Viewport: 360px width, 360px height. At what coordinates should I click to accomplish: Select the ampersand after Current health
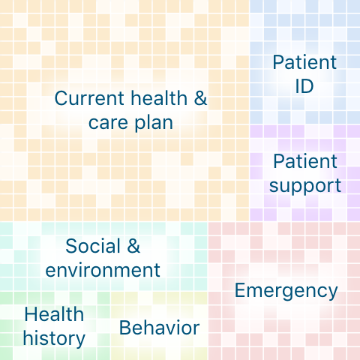pyautogui.click(x=200, y=98)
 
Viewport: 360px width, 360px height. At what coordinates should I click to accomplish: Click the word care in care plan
pyautogui.click(x=107, y=122)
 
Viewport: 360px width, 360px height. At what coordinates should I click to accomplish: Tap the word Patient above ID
pyautogui.click(x=304, y=62)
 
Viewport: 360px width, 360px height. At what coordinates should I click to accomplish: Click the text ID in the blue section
pyautogui.click(x=304, y=85)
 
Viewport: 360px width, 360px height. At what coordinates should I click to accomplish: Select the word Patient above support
pyautogui.click(x=304, y=161)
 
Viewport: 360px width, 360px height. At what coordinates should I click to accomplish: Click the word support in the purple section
pyautogui.click(x=304, y=185)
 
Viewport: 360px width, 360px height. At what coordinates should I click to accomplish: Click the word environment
pyautogui.click(x=103, y=270)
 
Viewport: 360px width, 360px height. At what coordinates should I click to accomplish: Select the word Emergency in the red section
pyautogui.click(x=286, y=290)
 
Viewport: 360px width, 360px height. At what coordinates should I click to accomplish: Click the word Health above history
pyautogui.click(x=53, y=314)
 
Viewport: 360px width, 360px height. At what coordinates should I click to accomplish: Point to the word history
pyautogui.click(x=53, y=338)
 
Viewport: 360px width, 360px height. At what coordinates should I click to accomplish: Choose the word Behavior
pyautogui.click(x=159, y=328)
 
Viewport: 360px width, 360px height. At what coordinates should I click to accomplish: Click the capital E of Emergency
pyautogui.click(x=241, y=290)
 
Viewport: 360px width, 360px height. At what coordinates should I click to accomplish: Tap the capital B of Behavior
pyautogui.click(x=124, y=328)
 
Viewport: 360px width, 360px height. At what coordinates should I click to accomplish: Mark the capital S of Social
pyautogui.click(x=71, y=246)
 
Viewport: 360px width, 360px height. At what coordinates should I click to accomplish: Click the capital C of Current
pyautogui.click(x=61, y=98)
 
